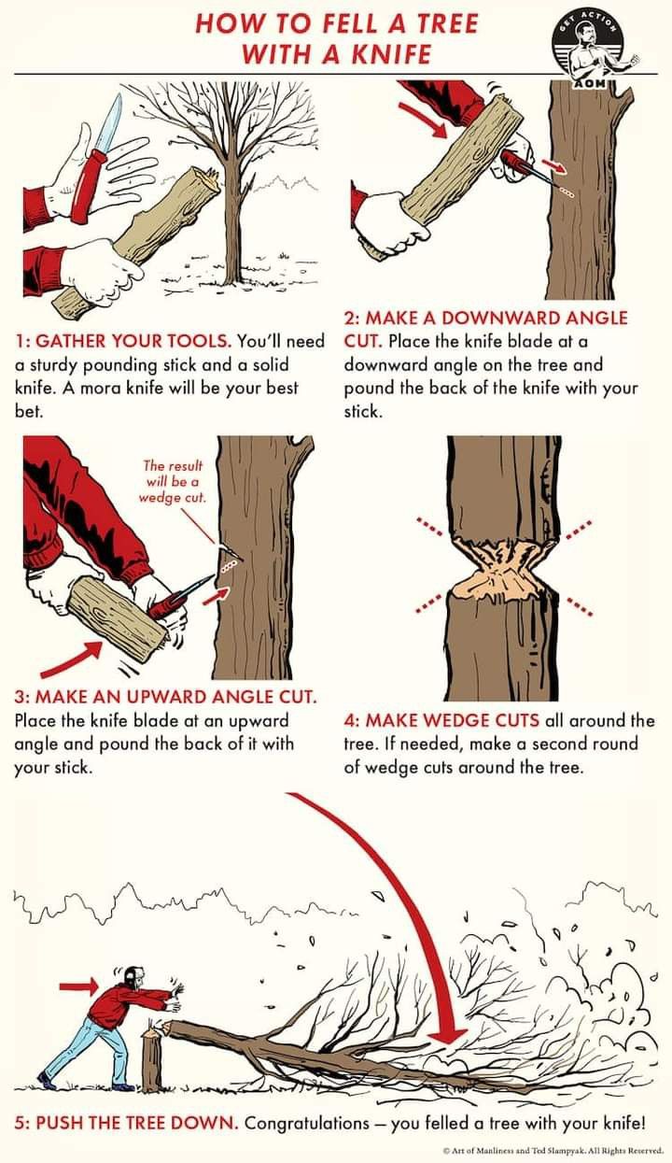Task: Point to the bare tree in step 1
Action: tap(229, 182)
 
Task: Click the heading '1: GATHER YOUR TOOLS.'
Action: tap(123, 341)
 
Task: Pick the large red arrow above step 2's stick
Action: tap(423, 121)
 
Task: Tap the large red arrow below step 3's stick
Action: tap(72, 660)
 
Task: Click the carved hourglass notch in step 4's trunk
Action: tap(502, 570)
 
